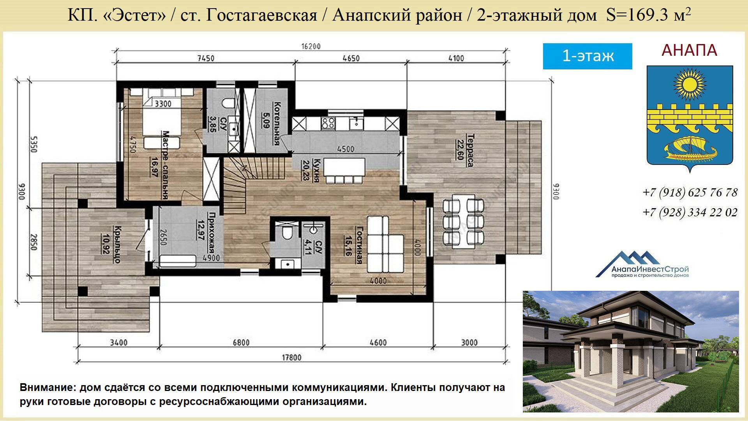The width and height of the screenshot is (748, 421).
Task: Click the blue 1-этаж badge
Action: click(x=587, y=56)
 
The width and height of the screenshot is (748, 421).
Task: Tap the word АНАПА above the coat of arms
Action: click(x=690, y=50)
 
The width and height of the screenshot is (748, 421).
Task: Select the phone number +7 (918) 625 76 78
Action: click(x=690, y=193)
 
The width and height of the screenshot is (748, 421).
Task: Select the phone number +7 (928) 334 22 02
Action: click(x=690, y=212)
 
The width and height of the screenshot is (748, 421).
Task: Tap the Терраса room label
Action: click(x=471, y=150)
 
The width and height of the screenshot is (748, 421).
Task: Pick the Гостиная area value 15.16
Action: click(x=348, y=245)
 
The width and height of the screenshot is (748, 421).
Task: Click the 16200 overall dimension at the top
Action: click(x=311, y=46)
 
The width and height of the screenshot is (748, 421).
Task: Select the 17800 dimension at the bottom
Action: click(x=292, y=357)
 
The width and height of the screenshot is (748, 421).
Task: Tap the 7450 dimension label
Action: click(x=206, y=58)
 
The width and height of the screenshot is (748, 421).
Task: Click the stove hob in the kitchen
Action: click(x=328, y=124)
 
